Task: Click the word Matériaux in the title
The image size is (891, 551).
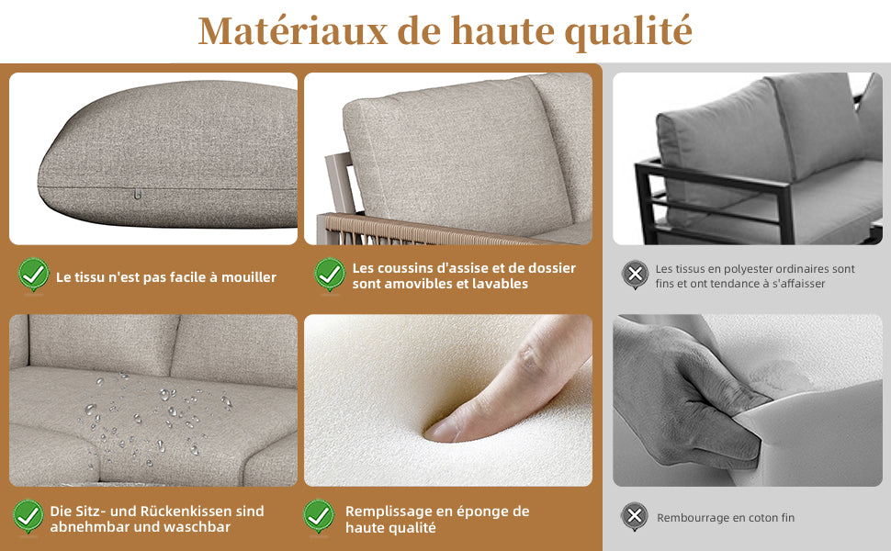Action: [x=293, y=31]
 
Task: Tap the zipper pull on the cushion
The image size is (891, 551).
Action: [x=137, y=195]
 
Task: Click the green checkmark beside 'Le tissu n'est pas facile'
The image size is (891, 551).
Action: [x=33, y=275]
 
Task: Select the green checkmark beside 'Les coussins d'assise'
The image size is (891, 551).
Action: [x=330, y=275]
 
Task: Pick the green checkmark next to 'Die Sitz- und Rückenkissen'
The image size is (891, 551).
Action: [x=28, y=516]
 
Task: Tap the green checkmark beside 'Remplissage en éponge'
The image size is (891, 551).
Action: [x=319, y=516]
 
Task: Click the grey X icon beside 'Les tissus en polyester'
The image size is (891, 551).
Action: [x=635, y=275]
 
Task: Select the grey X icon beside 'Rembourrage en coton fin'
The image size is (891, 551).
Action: [x=635, y=516]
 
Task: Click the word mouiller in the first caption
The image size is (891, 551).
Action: [x=249, y=277]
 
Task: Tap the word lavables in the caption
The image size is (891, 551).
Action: [x=501, y=284]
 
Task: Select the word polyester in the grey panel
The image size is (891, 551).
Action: [x=737, y=269]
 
